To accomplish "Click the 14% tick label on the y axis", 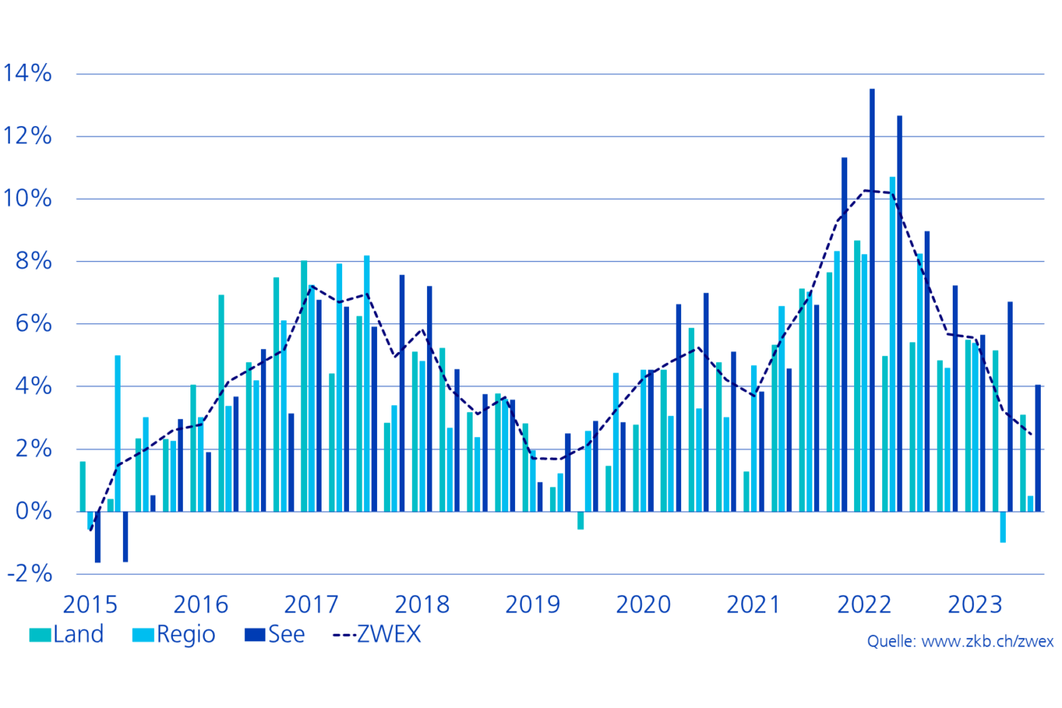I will click(x=27, y=74).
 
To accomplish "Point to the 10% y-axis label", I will click(x=27, y=199).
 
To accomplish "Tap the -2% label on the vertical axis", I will click(x=30, y=574).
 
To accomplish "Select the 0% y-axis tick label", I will click(x=33, y=511).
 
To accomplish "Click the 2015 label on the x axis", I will click(x=90, y=605).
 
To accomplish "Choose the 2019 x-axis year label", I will click(x=533, y=605).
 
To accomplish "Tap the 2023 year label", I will click(x=975, y=605).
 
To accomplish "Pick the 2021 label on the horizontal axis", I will click(x=753, y=605).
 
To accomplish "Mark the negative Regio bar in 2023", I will click(x=1003, y=527).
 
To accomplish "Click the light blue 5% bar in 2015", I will click(x=118, y=433).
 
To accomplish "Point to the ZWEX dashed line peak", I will click(x=866, y=190).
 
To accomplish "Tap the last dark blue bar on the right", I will click(x=1038, y=448).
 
